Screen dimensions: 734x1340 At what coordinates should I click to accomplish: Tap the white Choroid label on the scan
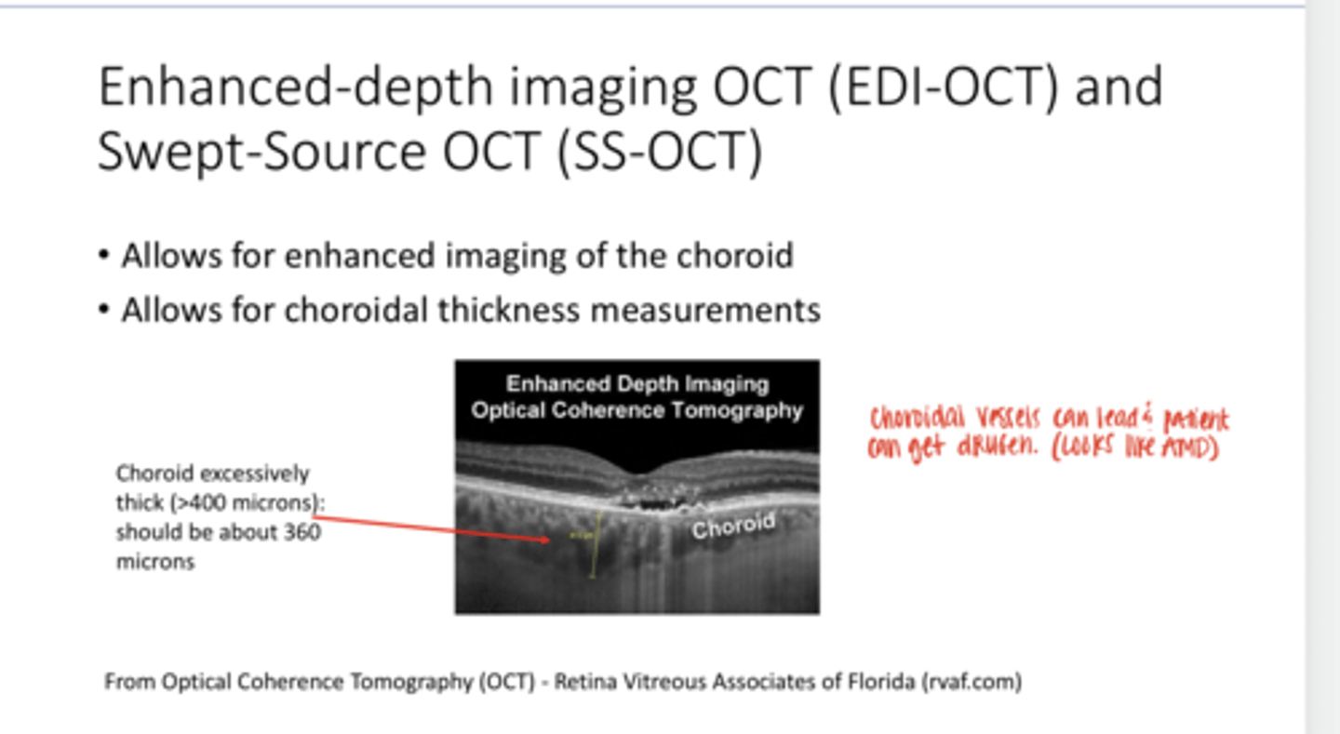pyautogui.click(x=732, y=527)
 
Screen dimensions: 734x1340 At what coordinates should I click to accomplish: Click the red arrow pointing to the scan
pyautogui.click(x=428, y=526)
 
